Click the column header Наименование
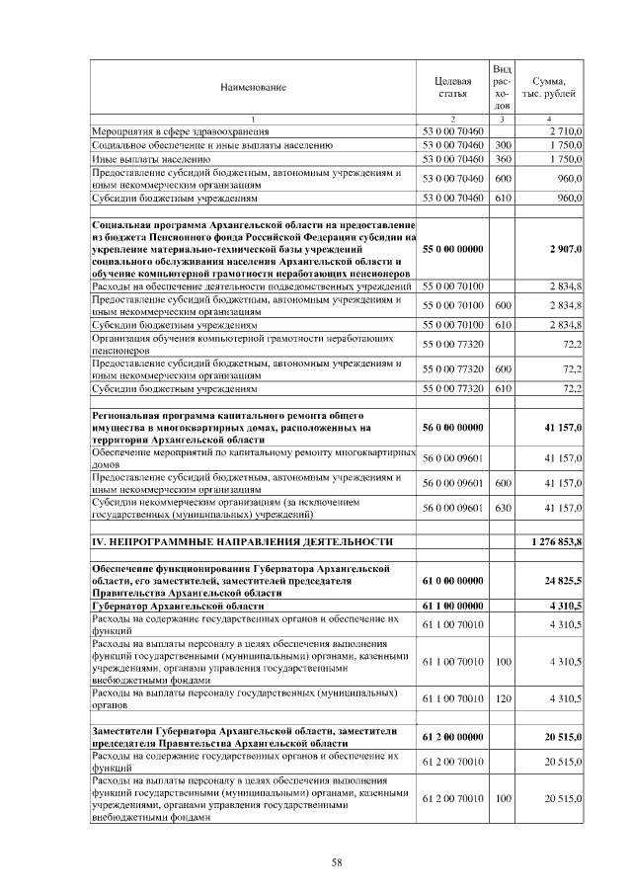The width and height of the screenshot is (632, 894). tap(253, 88)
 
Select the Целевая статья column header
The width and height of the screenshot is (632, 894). tap(452, 87)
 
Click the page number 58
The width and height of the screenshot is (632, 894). tap(336, 862)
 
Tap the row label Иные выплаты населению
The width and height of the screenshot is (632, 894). tap(150, 158)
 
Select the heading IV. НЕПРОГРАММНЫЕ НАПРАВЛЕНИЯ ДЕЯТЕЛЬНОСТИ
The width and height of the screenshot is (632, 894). tap(242, 542)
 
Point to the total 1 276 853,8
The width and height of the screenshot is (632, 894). tap(556, 542)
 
